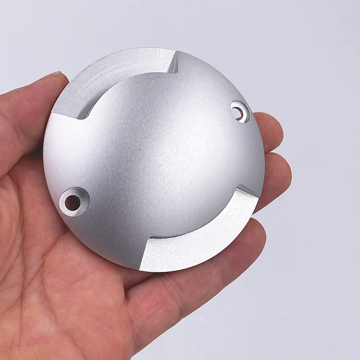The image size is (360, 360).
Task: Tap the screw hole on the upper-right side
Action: click(x=240, y=110)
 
